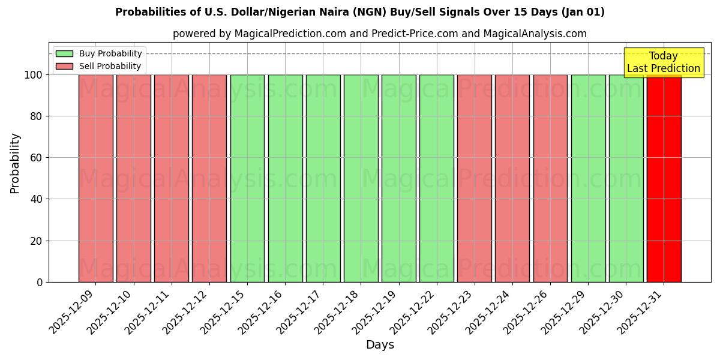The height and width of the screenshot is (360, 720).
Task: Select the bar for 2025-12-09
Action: (95, 178)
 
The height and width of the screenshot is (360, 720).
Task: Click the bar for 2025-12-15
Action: (247, 178)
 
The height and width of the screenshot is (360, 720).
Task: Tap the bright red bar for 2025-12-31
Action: (664, 178)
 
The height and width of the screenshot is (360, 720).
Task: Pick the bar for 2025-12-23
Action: (475, 178)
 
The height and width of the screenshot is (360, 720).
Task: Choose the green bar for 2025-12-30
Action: (626, 178)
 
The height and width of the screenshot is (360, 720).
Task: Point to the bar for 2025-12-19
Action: (399, 178)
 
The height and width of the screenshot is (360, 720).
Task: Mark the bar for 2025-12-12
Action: (209, 178)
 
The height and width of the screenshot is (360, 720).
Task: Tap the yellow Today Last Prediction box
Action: (664, 62)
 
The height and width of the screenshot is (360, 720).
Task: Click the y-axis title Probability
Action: (15, 163)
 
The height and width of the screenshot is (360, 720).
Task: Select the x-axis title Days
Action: (380, 345)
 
